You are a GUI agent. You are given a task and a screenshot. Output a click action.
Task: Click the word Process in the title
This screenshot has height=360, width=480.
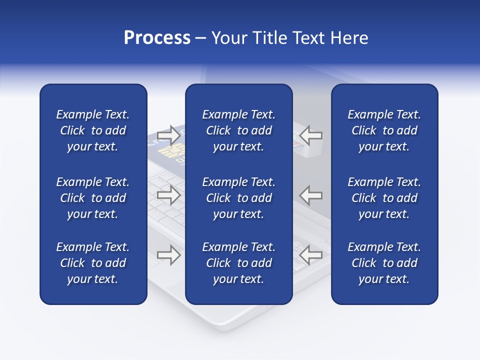pos(157,38)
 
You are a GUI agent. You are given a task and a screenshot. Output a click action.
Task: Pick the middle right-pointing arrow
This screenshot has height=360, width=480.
pos(168,195)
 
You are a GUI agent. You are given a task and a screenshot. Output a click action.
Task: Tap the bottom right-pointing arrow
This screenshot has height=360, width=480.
pos(168,255)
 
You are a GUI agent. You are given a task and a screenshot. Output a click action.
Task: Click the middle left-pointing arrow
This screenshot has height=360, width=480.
pos(311,195)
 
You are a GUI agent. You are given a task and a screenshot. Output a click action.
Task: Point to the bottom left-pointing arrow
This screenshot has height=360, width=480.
pos(311,255)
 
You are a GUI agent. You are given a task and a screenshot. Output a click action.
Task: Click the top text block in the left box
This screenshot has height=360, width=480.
pos(93,130)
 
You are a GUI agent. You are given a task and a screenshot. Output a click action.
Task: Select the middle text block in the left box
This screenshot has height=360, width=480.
pos(93,198)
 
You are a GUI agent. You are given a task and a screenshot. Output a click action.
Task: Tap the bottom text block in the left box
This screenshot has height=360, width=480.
pos(93,263)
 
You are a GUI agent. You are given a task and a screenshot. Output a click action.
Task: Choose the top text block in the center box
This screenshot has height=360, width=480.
pos(239,130)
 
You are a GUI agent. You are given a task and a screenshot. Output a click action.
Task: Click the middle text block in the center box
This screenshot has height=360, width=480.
pos(239,198)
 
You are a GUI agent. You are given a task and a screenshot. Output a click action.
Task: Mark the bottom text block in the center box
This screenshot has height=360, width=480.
pos(239,263)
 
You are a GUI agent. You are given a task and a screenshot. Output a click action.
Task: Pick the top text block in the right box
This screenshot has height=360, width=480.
pos(384,130)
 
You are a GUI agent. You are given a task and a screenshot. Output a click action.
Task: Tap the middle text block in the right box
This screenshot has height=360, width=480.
pos(384,198)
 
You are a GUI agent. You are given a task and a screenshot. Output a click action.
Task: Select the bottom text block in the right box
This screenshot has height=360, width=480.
pos(384,263)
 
